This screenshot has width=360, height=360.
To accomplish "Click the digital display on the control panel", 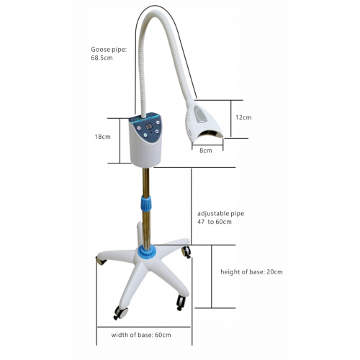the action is point(149,126).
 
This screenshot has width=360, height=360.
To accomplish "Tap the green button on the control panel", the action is point(145,135).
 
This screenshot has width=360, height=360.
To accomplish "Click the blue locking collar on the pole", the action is point(146,202).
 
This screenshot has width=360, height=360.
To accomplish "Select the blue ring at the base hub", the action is point(147,251).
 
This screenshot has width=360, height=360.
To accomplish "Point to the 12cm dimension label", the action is point(243,117).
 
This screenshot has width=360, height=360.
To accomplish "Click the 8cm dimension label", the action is point(206,150).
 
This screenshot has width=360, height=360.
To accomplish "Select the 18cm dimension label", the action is point(102,137).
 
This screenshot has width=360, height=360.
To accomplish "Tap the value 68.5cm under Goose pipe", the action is point(102,58).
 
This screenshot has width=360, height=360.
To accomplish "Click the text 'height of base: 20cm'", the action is point(251,272).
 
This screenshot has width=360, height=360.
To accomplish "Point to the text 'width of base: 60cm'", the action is point(141,335).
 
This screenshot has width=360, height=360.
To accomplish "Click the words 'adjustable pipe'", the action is point(220,214).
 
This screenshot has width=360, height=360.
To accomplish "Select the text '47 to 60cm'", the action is point(215,222).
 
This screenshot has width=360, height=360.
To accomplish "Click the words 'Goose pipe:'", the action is point(109,50).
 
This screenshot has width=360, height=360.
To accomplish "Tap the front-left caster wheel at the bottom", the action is point(120,312).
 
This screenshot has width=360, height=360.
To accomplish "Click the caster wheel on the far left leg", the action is point(102,261).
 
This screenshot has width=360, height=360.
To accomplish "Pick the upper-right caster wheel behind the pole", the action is point(186,252).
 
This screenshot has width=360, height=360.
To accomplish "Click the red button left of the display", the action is point(139,128).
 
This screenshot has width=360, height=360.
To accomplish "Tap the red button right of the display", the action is point(158,122).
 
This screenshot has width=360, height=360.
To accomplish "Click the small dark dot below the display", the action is point(150,132).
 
